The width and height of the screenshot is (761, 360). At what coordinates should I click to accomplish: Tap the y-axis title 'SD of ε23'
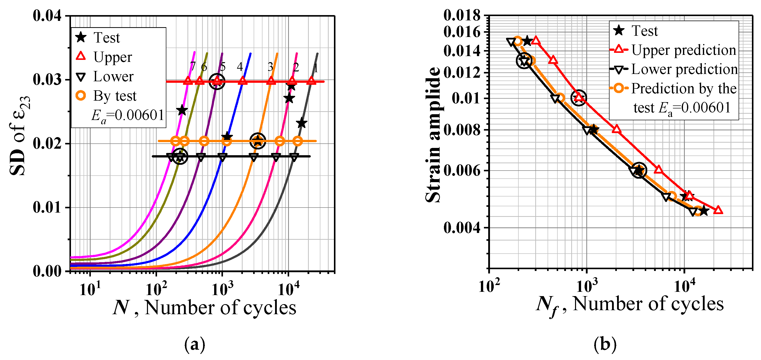(19, 136)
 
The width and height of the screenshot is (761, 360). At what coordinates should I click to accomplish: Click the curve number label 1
(316, 68)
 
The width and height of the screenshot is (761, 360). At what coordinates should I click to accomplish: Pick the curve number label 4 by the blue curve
(240, 67)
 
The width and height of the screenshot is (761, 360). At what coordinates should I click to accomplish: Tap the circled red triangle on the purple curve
(217, 81)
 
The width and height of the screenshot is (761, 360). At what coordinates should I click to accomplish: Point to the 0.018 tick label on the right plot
(462, 15)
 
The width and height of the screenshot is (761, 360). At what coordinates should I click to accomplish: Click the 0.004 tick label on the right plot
(462, 228)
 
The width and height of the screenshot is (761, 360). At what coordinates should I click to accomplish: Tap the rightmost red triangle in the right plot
(718, 210)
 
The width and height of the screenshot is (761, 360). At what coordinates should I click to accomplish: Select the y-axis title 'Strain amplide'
(433, 135)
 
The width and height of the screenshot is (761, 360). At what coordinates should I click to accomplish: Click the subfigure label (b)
(605, 344)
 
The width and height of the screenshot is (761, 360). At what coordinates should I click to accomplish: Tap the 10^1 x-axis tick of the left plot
(90, 289)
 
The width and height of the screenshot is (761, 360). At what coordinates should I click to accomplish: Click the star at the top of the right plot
(527, 41)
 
